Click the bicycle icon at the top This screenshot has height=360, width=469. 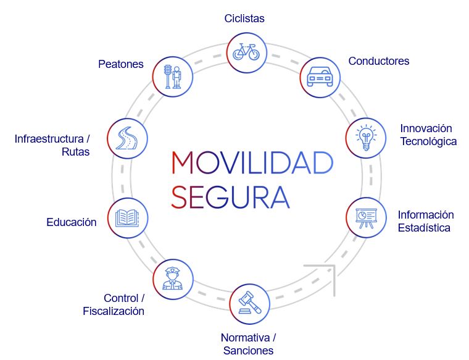click(x=246, y=51)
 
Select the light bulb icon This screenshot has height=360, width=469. click(x=365, y=136)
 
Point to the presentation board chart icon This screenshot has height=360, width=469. click(x=365, y=217)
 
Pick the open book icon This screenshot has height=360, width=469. click(x=128, y=217)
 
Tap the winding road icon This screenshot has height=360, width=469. click(x=127, y=136)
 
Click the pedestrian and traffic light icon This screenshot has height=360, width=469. click(x=172, y=77)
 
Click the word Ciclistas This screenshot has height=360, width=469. click(x=244, y=19)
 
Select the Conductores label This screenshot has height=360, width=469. click(x=378, y=61)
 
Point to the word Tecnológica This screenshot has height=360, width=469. click(x=428, y=141)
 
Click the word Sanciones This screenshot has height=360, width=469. click(x=247, y=351)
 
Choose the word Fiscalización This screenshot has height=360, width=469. click(x=114, y=311)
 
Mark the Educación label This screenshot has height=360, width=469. click(x=72, y=222)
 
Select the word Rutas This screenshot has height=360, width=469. click(x=75, y=152)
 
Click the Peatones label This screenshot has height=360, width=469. click(x=121, y=64)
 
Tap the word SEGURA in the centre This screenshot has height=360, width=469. click(x=230, y=196)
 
